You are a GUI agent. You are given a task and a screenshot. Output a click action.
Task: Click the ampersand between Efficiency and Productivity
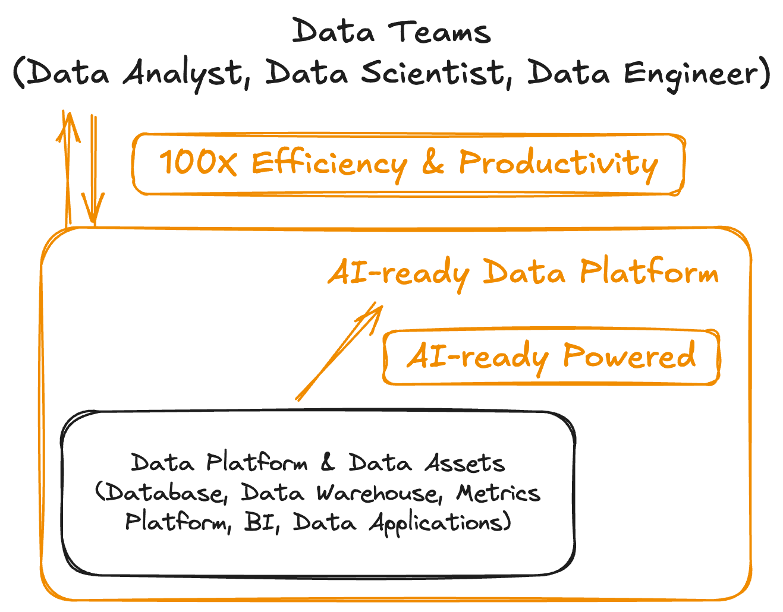pyautogui.click(x=432, y=163)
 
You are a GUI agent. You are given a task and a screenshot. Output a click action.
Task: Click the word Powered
pyautogui.click(x=628, y=356)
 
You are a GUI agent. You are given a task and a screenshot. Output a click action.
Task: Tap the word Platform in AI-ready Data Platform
pyautogui.click(x=649, y=272)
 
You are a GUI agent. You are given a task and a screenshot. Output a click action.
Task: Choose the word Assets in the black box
pyautogui.click(x=464, y=463)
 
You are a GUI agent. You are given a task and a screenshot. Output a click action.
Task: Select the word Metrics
pyautogui.click(x=498, y=493)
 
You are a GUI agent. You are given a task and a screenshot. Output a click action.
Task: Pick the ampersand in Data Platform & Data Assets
pyautogui.click(x=328, y=462)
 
